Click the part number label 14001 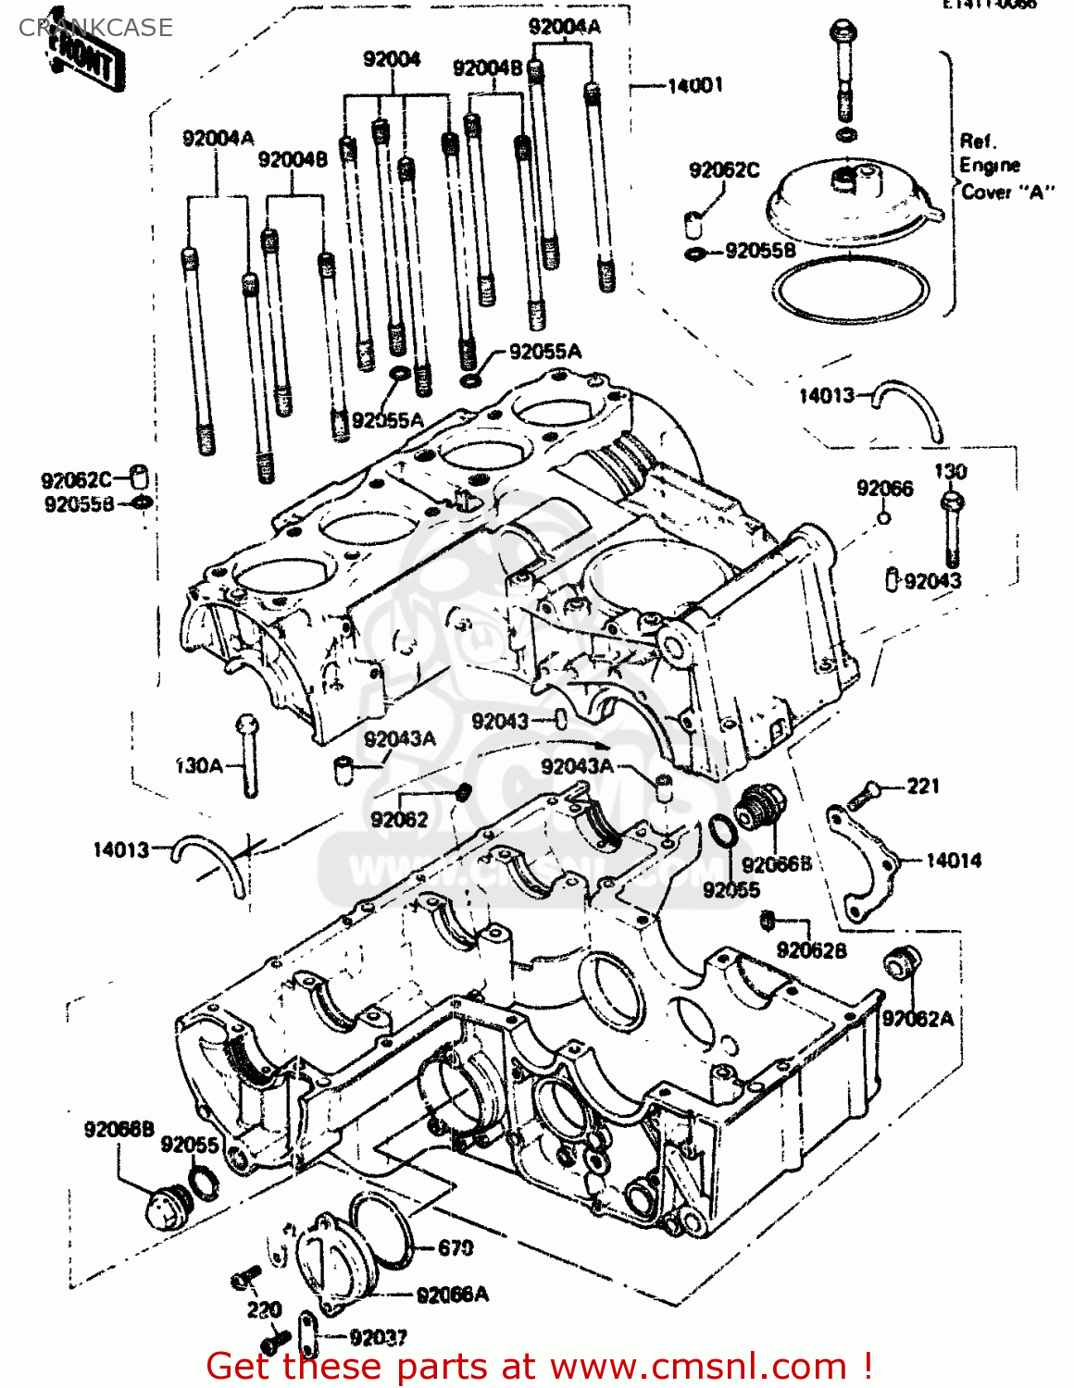point(694,85)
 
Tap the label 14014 point(954,861)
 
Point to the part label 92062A point(917,1018)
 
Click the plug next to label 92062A point(898,963)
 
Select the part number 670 point(455,1248)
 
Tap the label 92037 point(379,1337)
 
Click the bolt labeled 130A point(247,755)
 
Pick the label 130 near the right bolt point(950,471)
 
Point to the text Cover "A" point(1006,192)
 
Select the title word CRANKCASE point(95,28)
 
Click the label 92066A point(452,1295)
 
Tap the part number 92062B point(811,950)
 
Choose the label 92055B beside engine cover point(760,251)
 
